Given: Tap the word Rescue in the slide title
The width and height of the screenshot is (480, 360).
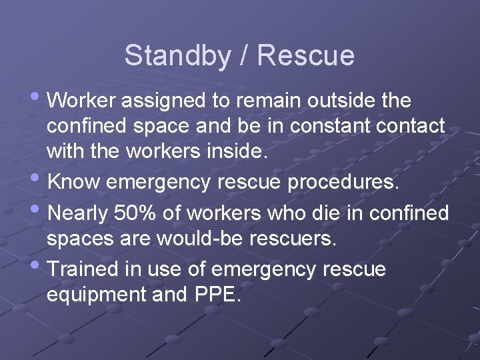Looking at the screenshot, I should [305, 55].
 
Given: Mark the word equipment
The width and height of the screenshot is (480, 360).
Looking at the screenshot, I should [96, 295].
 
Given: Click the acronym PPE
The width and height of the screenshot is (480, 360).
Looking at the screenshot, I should [215, 294].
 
